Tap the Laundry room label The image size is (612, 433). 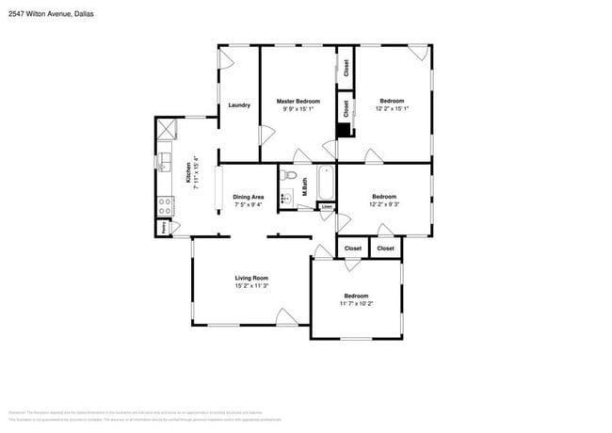click(239, 104)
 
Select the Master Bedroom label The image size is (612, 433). click(298, 101)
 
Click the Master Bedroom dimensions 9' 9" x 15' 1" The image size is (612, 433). click(298, 108)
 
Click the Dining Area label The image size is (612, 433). click(249, 197)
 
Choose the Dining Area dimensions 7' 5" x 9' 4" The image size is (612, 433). click(249, 204)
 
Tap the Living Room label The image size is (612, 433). click(252, 278)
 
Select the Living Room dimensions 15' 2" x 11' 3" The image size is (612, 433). click(252, 286)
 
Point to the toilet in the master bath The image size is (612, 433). click(290, 176)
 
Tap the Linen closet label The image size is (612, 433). click(327, 207)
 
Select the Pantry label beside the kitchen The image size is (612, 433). click(163, 228)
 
